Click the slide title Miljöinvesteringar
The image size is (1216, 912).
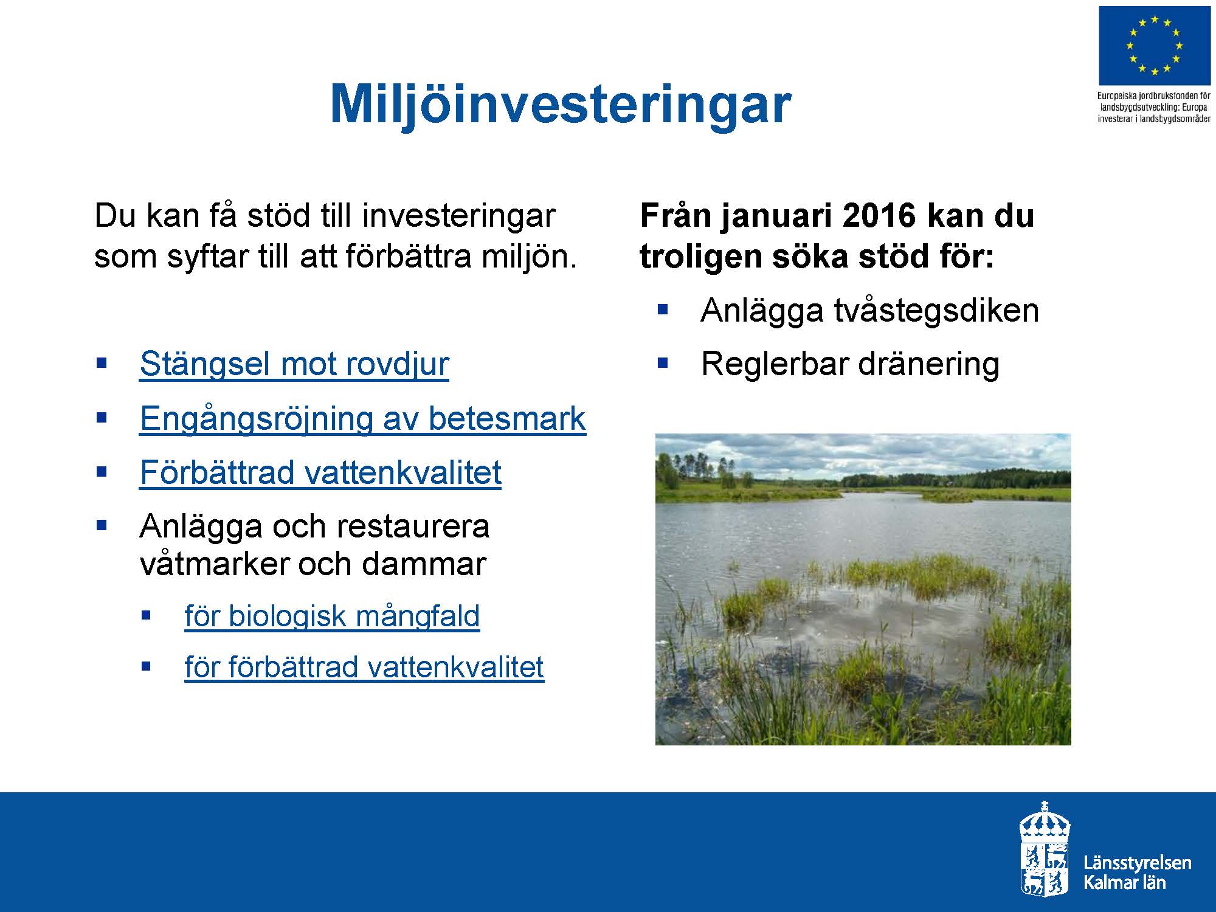560,105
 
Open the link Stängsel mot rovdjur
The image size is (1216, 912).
294,364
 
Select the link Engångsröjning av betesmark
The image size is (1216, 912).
363,418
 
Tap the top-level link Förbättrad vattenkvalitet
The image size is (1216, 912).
320,472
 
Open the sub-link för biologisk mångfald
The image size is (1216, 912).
332,616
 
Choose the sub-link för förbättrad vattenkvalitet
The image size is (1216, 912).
364,667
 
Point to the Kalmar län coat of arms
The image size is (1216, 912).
1045,848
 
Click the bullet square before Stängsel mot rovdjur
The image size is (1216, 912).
102,364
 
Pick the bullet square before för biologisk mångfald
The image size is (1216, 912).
145,615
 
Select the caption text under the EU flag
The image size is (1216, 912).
1154,107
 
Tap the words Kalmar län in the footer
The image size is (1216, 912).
1125,883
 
